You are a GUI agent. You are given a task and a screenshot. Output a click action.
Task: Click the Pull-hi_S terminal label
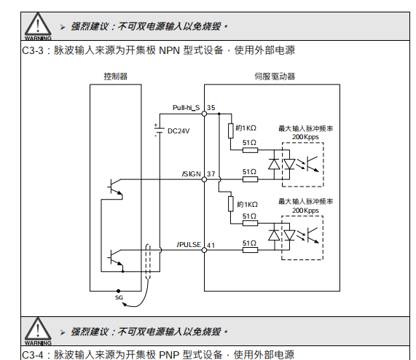point(186,108)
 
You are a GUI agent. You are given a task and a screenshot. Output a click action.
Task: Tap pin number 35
point(211,108)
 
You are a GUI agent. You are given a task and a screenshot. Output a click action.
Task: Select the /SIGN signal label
point(192,174)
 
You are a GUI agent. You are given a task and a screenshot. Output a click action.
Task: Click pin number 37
point(211,174)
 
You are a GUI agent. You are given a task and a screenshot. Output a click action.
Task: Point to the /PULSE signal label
point(189,245)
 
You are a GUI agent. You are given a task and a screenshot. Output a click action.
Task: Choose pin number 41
point(211,245)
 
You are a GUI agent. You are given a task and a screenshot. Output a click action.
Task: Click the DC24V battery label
point(178,131)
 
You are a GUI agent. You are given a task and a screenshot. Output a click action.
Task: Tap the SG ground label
point(119,297)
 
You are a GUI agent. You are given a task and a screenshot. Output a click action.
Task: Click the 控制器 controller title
point(115,77)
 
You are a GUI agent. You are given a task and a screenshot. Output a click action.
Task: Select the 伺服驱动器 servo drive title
point(275,77)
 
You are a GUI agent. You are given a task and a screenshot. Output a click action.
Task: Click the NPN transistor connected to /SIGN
point(115,188)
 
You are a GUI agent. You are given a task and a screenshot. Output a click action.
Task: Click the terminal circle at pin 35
point(204,114)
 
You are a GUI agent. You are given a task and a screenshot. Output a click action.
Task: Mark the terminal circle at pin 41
point(204,250)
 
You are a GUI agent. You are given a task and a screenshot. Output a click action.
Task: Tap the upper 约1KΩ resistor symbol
point(231,130)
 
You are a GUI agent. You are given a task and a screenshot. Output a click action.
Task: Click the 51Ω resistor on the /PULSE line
point(250,250)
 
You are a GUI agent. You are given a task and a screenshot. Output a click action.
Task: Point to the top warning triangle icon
point(38,26)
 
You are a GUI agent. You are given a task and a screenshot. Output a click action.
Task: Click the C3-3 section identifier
point(32,50)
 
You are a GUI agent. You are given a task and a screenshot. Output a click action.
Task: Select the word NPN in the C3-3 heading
point(169,50)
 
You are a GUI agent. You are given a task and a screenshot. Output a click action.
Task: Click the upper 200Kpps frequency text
point(305,137)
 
